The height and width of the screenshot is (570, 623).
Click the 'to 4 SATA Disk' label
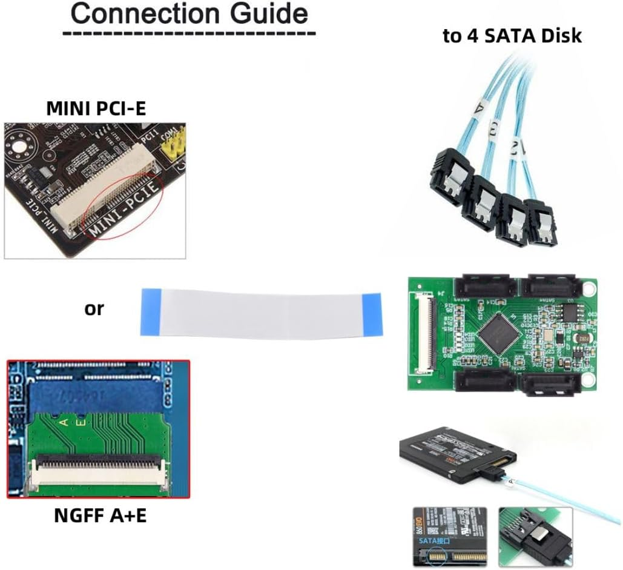(512, 36)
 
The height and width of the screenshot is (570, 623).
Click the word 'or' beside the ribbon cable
(94, 309)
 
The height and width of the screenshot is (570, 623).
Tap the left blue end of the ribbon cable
(149, 311)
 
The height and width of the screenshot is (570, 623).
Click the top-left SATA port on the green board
(484, 285)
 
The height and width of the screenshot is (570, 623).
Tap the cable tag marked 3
(493, 128)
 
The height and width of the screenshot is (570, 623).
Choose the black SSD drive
(454, 454)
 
